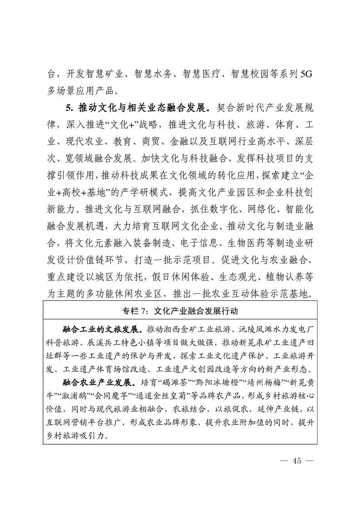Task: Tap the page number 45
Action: tap(297, 462)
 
